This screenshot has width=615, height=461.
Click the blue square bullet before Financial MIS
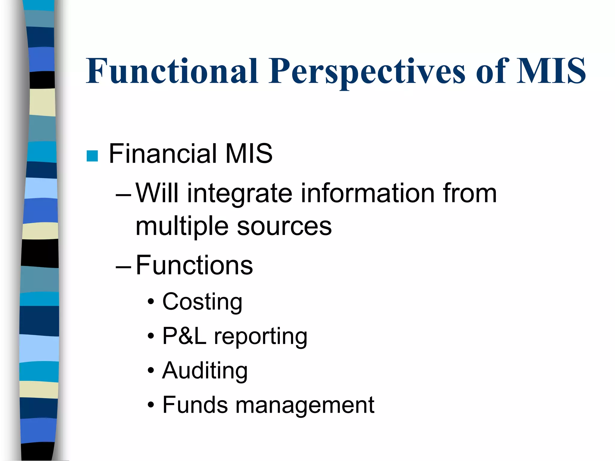[x=92, y=156]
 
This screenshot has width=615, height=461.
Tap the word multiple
[x=182, y=226]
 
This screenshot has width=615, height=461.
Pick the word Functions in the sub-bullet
[x=194, y=265]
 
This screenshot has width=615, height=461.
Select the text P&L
[x=184, y=336]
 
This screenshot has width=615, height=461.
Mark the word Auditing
[x=205, y=371]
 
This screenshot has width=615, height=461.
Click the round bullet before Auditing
[x=151, y=371]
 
